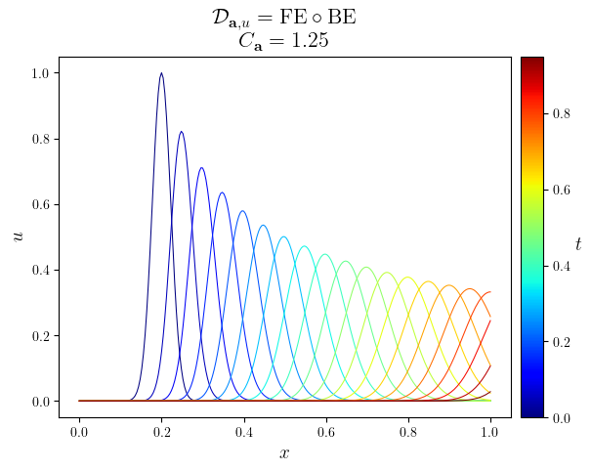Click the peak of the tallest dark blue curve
(x=161, y=73)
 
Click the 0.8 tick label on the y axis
(x=41, y=139)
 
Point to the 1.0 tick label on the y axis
(x=41, y=73)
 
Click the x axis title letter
(x=284, y=453)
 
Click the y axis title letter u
(x=17, y=235)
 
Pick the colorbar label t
(x=578, y=243)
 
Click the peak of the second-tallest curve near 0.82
(x=181, y=132)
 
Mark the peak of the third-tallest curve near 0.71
(x=202, y=168)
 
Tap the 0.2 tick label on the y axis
(x=41, y=335)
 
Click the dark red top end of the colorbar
(x=531, y=61)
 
